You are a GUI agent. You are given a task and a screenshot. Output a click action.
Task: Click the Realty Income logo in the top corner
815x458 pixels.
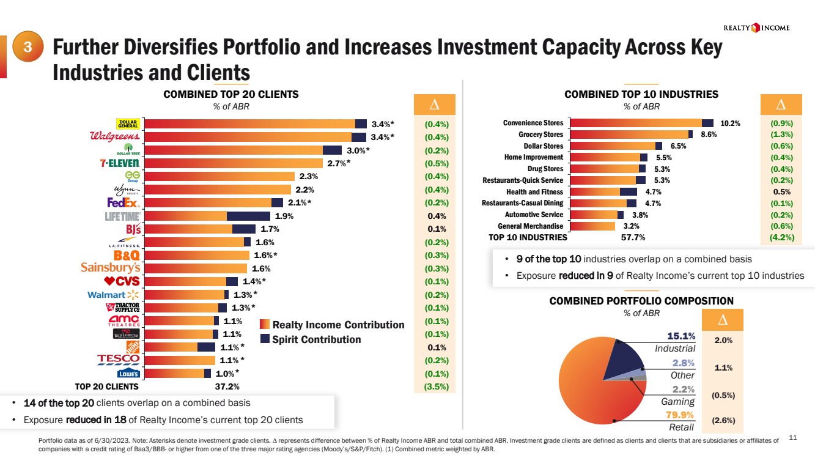(756, 28)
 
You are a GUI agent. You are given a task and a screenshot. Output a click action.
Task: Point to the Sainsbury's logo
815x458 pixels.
(111, 268)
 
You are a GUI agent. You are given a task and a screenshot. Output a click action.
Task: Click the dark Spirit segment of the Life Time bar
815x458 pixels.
(248, 216)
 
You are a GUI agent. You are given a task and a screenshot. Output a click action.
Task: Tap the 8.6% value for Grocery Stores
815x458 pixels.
(708, 135)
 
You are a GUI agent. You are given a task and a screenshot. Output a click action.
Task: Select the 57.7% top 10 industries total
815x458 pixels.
(633, 237)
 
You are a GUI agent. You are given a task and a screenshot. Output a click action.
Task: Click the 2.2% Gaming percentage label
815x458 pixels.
(683, 390)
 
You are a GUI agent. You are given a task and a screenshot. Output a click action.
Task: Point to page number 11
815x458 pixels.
(794, 437)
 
